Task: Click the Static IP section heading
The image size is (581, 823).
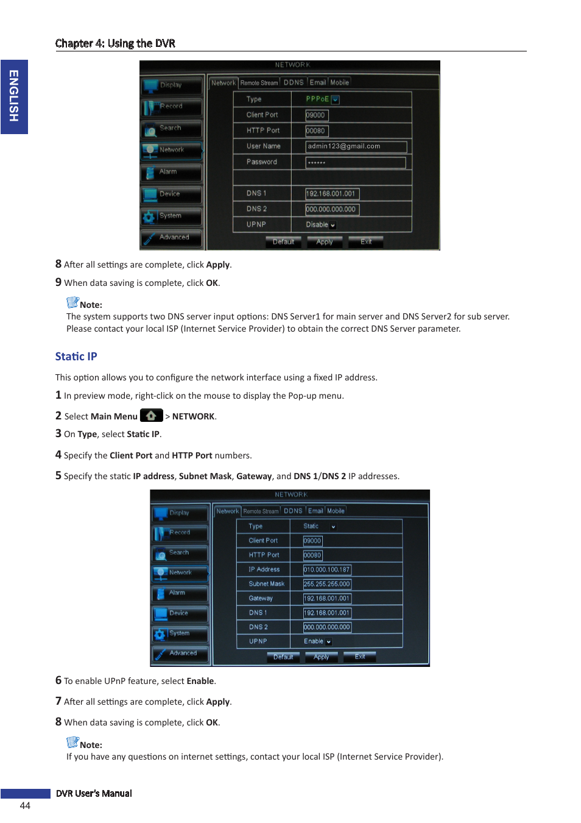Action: (76, 357)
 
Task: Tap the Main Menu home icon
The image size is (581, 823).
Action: (151, 416)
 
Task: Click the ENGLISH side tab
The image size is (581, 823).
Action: (14, 96)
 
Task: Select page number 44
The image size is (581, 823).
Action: (25, 805)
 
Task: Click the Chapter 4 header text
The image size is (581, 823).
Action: (115, 43)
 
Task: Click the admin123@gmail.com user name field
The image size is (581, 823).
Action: (356, 146)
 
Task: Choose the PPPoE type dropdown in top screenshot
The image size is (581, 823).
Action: (322, 99)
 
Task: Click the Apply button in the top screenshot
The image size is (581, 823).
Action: (325, 242)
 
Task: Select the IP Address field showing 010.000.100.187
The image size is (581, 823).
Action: (327, 569)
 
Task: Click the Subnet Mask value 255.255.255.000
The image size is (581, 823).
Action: (327, 584)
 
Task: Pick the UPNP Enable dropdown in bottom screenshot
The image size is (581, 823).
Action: (318, 641)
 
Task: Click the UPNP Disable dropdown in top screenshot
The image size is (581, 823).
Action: (320, 225)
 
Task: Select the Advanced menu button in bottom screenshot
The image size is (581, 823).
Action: (180, 654)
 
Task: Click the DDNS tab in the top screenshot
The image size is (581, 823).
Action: (294, 82)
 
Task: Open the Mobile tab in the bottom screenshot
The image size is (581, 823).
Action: (336, 511)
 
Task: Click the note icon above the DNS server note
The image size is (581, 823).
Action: (72, 302)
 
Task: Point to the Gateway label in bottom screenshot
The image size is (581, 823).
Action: (261, 598)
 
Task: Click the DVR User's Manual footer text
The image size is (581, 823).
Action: (94, 793)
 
